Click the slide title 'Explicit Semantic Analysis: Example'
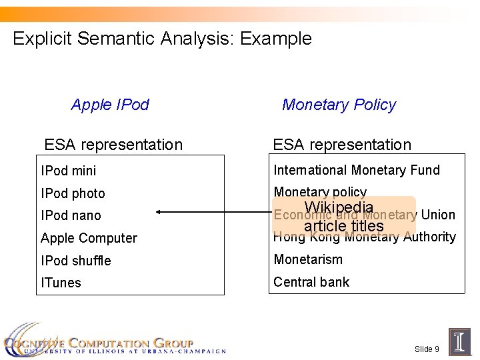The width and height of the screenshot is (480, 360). [162, 39]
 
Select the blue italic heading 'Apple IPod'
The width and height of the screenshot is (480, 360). [110, 105]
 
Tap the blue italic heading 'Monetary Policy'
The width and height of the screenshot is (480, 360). [339, 105]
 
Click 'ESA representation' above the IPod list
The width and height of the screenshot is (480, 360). [113, 145]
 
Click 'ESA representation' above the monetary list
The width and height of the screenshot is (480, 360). [342, 145]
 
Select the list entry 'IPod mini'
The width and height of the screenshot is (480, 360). [68, 171]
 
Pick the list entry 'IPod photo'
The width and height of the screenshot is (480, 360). [73, 193]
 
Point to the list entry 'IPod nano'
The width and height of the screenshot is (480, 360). [71, 215]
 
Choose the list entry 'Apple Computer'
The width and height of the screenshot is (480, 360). [89, 238]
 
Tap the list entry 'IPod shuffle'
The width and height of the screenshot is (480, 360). [75, 261]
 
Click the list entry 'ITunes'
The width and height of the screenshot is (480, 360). [61, 283]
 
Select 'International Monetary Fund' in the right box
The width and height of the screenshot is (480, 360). [357, 170]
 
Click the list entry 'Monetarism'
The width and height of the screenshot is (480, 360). [308, 259]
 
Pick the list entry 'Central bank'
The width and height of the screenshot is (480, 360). [311, 282]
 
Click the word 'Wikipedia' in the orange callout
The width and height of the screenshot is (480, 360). [339, 207]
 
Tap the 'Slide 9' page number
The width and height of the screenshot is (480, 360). [427, 349]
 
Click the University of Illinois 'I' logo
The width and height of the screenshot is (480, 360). [460, 341]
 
